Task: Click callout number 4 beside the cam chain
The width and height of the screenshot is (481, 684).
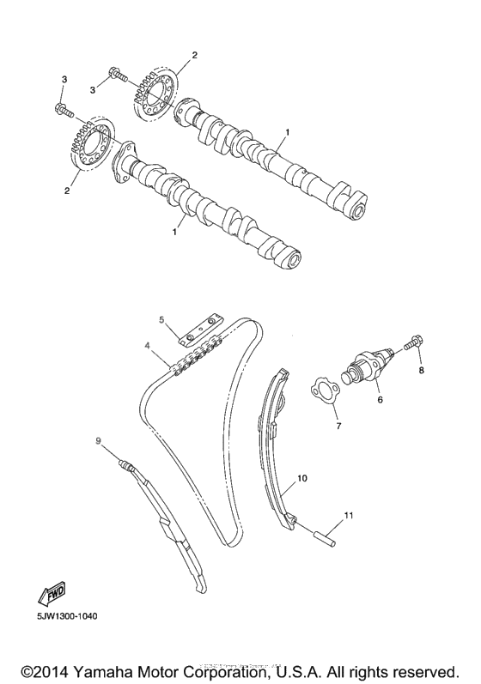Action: pos(147,345)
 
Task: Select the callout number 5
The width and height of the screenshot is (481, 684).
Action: pos(161,319)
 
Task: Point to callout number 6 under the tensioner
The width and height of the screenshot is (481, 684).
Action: pos(379,399)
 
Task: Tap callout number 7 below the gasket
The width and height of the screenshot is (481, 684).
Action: pos(338,426)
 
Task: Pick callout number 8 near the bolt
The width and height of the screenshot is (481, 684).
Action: pos(421,371)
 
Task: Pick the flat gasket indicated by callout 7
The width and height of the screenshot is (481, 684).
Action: pos(325,390)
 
